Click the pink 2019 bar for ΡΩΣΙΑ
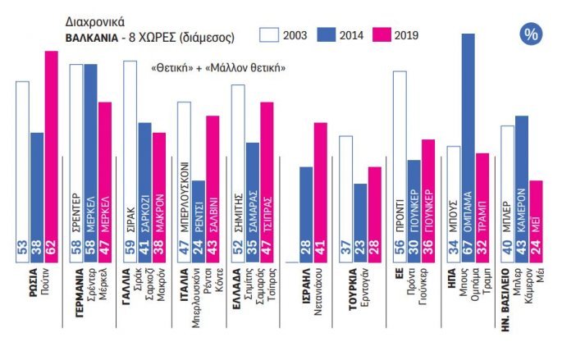click(x=51, y=156)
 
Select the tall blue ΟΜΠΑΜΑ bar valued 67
click(x=469, y=148)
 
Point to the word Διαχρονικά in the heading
click(x=90, y=25)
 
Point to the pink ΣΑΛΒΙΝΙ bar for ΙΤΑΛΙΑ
click(x=212, y=189)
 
